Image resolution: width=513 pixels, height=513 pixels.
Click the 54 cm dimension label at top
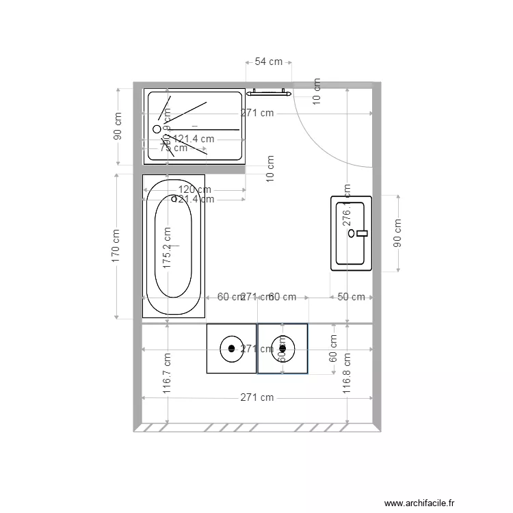click(x=268, y=62)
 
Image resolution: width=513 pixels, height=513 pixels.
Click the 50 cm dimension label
click(x=352, y=297)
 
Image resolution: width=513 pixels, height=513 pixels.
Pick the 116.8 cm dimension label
click(x=347, y=373)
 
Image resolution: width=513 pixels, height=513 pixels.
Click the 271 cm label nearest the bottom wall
click(x=256, y=397)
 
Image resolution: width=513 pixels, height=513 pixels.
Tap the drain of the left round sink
click(x=231, y=348)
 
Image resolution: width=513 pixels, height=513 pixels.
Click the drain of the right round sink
click(x=282, y=348)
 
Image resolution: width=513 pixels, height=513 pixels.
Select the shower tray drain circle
click(x=157, y=129)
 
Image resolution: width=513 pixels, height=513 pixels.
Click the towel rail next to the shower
click(x=270, y=92)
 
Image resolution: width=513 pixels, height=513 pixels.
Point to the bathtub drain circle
click(x=174, y=199)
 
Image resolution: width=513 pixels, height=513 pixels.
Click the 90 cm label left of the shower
click(x=117, y=127)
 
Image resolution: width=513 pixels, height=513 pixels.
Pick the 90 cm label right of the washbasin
click(x=397, y=233)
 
